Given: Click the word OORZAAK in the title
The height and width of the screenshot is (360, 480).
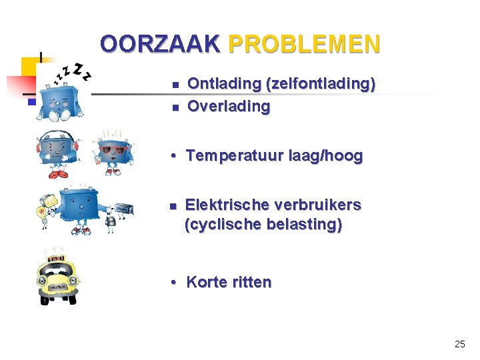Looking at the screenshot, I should click(159, 44).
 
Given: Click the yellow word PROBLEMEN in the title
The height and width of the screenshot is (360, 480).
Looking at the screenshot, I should click(304, 44).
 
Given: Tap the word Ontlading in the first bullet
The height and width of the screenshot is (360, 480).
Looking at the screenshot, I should click(224, 84).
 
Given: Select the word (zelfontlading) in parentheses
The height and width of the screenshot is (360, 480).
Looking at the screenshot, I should click(321, 84).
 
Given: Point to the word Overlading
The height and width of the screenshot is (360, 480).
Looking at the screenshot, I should click(229, 106).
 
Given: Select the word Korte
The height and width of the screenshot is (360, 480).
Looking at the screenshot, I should click(206, 282).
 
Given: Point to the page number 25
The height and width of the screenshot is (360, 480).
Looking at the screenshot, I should click(459, 344).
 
